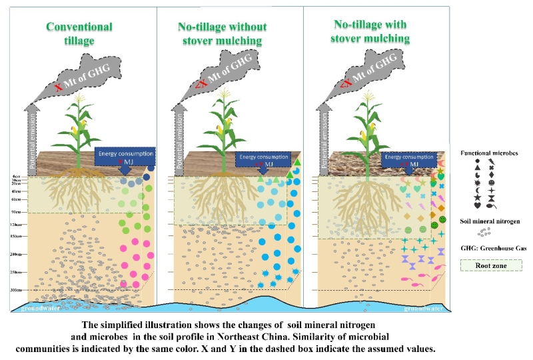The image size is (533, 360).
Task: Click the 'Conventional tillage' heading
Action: point(79,33)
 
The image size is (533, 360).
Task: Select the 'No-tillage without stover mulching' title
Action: point(222,34)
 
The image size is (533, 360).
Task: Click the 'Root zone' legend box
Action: point(493,264)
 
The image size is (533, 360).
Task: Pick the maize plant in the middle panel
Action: point(225,127)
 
